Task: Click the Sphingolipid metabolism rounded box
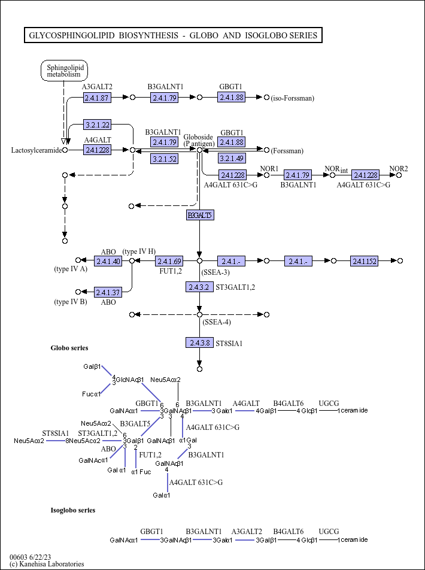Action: coord(63,71)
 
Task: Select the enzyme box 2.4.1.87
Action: coord(96,97)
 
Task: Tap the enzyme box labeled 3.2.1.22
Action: coord(97,125)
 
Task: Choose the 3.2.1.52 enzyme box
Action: coord(164,159)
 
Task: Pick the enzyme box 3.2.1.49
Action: coord(231,159)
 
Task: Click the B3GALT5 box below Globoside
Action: coord(199,215)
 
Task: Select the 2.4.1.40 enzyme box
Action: coord(108,261)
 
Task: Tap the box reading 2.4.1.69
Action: coord(169,261)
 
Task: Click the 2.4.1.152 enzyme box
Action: coord(364,261)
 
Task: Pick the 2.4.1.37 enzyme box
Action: coord(108,292)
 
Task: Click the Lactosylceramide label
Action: coord(37,150)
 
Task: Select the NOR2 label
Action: coord(399,169)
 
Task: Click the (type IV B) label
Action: coord(71,302)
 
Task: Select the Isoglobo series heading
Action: coord(72,510)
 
